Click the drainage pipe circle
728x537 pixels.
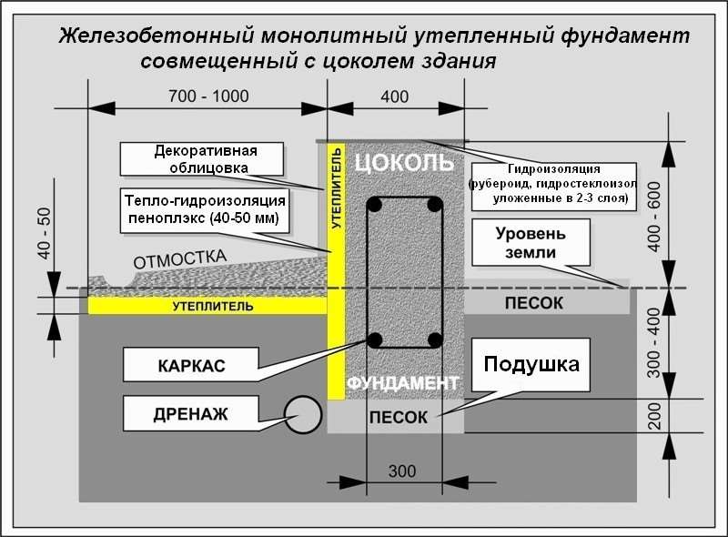click(x=304, y=416)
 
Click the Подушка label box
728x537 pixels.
click(x=531, y=366)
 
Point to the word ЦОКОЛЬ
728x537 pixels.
click(x=402, y=163)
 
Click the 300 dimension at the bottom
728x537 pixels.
click(x=400, y=471)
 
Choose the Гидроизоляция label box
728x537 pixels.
click(x=552, y=187)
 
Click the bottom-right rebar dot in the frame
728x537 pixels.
click(x=435, y=340)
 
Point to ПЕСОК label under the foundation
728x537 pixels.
click(x=398, y=417)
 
